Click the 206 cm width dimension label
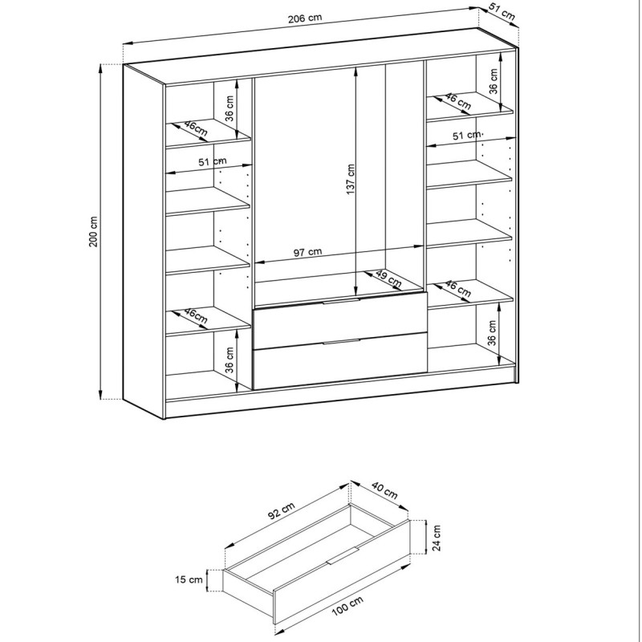305,18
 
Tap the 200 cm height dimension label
93,231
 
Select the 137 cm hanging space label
351,179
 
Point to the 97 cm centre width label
308,252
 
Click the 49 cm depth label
388,278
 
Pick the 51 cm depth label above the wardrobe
501,12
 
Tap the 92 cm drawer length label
282,510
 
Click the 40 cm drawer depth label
384,490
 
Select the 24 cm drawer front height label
437,538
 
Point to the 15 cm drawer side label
189,579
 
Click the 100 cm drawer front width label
347,606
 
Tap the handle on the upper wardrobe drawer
341,301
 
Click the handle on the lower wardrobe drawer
341,342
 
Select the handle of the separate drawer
343,555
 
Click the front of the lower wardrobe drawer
340,360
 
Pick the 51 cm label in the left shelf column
212,161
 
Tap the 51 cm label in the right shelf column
467,135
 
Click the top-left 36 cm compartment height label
230,108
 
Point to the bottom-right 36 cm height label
492,332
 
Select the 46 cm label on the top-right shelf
457,101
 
